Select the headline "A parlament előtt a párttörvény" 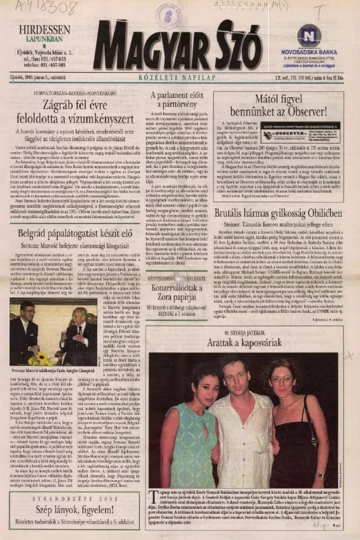pos(177,100)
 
